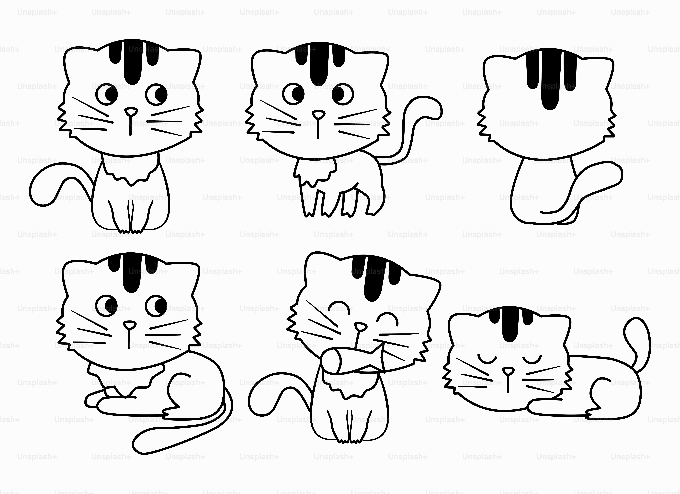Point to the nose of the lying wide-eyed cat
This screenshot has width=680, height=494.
pyautogui.click(x=130, y=325)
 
